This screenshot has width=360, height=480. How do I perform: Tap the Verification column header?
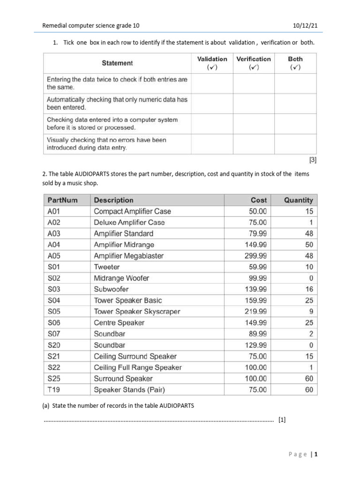253,63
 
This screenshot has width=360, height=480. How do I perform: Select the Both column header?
295,63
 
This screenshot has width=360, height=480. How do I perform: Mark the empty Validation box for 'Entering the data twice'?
212,83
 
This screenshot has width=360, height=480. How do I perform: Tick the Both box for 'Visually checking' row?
295,143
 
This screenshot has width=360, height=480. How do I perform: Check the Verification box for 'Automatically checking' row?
253,103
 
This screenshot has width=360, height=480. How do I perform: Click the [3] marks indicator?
313,160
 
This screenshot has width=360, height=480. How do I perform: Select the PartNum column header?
63,200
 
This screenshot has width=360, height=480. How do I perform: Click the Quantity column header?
298,200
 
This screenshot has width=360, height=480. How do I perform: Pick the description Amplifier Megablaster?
129,256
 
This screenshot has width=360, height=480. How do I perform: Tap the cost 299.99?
255,256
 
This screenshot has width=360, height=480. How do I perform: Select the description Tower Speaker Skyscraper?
137,312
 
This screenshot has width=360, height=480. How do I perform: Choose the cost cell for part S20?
255,345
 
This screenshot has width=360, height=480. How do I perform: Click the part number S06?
54,322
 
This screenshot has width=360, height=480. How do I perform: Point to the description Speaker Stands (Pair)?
129,390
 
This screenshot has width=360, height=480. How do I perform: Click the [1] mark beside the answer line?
281,420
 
